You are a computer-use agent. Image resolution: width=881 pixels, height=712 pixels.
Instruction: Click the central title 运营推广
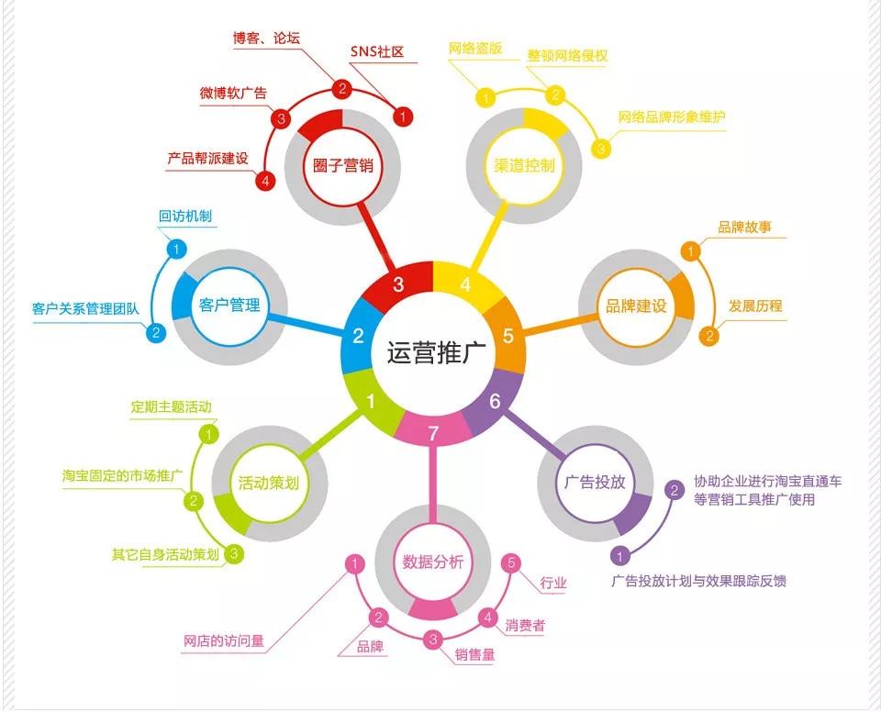[x=432, y=352]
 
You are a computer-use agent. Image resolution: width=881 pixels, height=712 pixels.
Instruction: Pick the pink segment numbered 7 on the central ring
[x=432, y=429]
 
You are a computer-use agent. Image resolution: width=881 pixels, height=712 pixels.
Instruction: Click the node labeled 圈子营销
[x=342, y=165]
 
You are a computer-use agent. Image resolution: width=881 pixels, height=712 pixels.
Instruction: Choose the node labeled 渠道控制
[x=524, y=165]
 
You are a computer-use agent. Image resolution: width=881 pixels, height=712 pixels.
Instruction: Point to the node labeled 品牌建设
[x=636, y=306]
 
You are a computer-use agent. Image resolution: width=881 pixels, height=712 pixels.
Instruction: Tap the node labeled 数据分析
[x=432, y=562]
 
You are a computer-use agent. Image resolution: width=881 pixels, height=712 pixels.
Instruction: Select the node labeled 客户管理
[x=229, y=306]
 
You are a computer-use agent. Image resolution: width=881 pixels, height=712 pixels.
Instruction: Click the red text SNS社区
[x=377, y=51]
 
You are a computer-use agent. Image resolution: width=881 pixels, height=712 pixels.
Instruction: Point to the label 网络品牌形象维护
[x=672, y=117]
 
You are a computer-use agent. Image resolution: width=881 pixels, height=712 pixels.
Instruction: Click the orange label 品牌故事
[x=744, y=227]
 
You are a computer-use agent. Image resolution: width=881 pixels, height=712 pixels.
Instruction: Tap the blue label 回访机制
[x=184, y=216]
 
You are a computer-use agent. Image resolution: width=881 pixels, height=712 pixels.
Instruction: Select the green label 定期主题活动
[x=171, y=406]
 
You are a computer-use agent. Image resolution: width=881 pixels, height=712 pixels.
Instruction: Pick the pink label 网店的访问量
[x=224, y=640]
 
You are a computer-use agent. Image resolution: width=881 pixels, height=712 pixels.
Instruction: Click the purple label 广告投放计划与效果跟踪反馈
[x=699, y=581]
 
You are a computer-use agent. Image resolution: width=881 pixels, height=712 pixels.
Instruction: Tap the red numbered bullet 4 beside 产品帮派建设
[x=265, y=181]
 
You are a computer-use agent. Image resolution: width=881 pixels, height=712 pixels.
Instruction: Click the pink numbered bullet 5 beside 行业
[x=511, y=562]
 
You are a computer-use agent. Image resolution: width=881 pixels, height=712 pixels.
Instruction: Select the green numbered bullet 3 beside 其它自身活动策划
[x=234, y=554]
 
